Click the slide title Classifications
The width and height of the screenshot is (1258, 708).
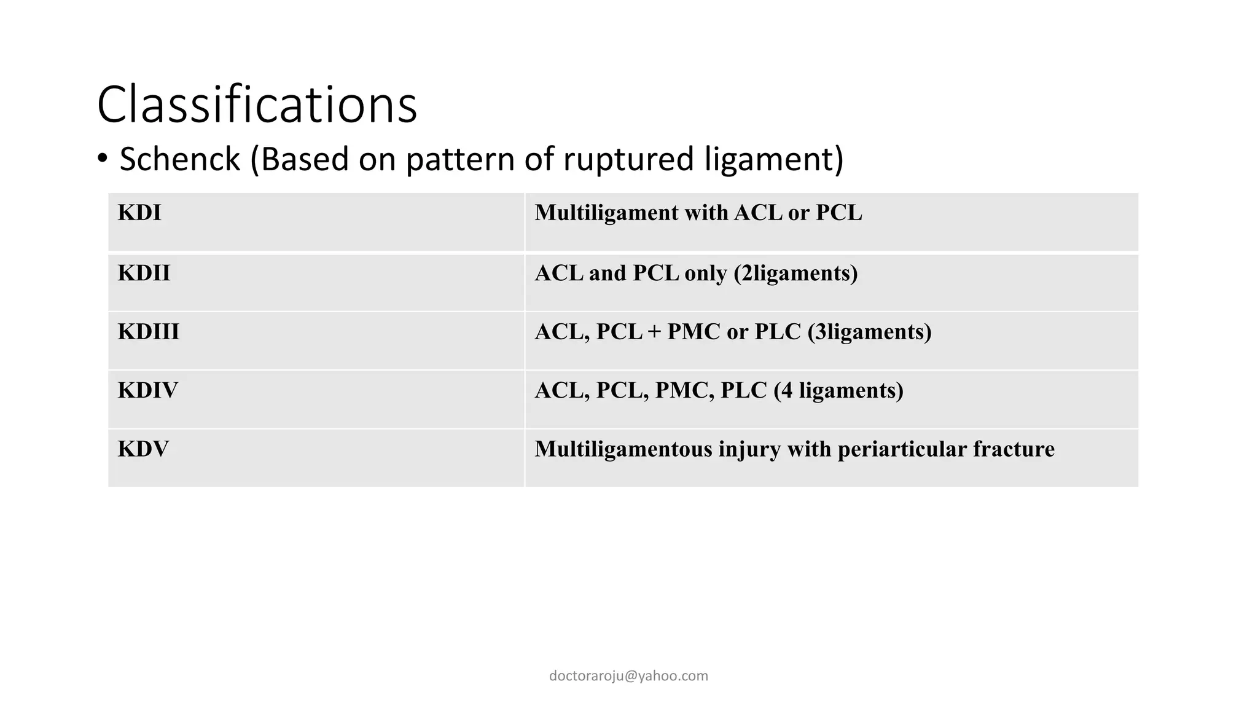(257, 104)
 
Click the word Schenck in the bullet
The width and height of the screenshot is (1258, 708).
(179, 159)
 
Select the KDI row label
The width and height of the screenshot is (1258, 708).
(139, 213)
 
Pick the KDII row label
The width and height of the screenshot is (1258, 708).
(144, 273)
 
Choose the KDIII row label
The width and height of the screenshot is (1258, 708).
(149, 332)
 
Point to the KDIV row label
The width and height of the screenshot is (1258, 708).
(148, 390)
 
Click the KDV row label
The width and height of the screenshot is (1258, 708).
(143, 449)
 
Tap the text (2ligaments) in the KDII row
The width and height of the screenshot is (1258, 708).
(795, 273)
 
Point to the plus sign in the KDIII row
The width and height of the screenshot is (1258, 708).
(654, 332)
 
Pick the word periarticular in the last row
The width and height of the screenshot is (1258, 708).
(902, 449)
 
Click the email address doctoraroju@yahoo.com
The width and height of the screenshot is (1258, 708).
(628, 676)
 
